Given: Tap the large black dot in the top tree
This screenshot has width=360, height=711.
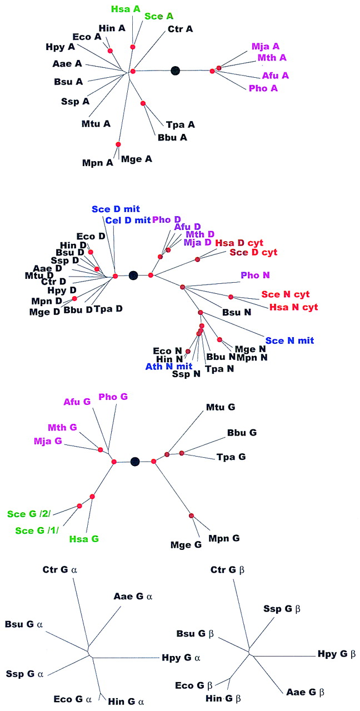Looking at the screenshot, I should pos(176,71).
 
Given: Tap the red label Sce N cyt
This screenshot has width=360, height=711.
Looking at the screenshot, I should pos(285,294).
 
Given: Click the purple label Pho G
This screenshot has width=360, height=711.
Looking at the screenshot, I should pos(113,397).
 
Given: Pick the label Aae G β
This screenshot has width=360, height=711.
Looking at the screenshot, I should pos(306,692).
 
